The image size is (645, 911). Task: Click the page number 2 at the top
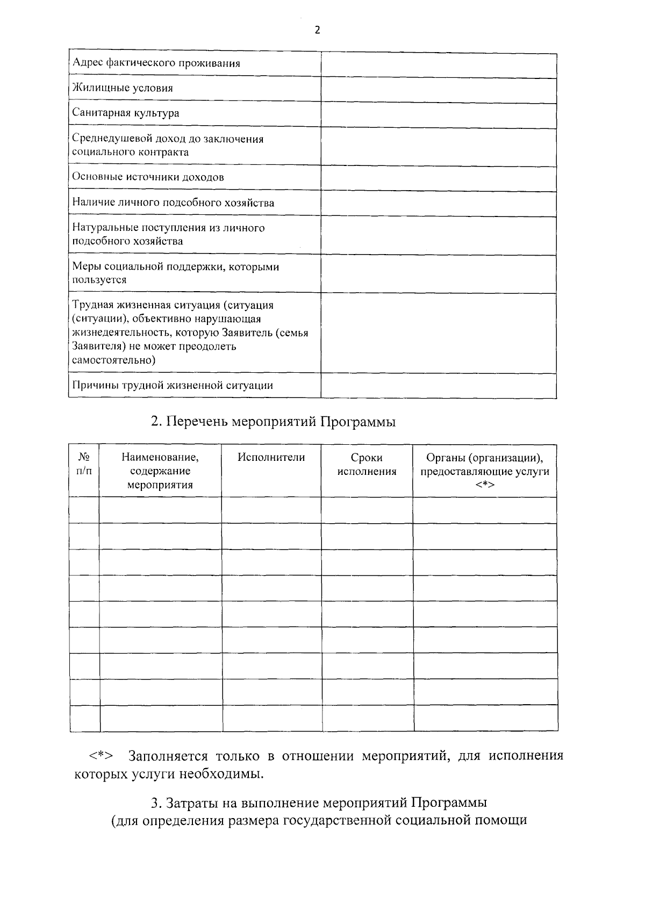click(x=317, y=31)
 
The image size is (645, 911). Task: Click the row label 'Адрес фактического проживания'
click(x=156, y=63)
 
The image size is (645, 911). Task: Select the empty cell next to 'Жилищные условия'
click(x=438, y=89)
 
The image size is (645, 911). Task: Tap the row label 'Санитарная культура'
click(x=126, y=113)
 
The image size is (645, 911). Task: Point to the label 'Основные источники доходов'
click(x=148, y=177)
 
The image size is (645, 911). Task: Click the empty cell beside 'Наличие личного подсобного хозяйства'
click(x=438, y=203)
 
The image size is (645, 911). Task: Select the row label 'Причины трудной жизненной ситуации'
click(x=172, y=386)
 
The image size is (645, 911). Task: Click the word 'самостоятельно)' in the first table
click(x=114, y=360)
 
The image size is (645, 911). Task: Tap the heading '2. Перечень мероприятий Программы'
click(x=273, y=422)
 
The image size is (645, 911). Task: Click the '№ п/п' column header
click(x=84, y=465)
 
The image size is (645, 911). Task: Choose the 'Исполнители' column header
click(x=271, y=458)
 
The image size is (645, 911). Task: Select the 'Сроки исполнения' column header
click(x=367, y=465)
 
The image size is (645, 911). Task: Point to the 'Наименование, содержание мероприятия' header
click(x=160, y=471)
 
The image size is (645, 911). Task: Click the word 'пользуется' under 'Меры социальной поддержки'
click(x=99, y=280)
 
